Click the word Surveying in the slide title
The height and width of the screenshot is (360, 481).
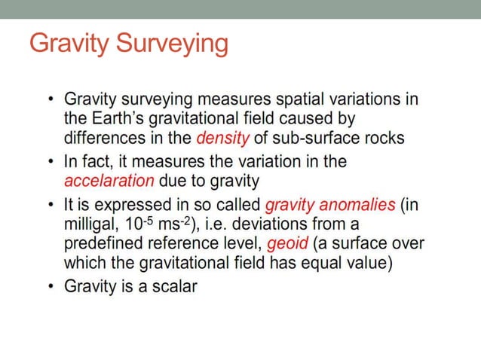tap(173, 44)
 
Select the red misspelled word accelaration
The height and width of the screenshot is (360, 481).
tap(110, 181)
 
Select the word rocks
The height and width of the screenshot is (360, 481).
tap(381, 138)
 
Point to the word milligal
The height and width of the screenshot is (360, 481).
tap(92, 224)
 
